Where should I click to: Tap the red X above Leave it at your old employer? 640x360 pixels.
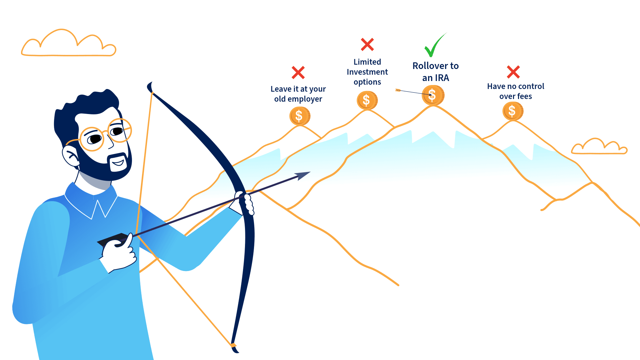[x=298, y=72]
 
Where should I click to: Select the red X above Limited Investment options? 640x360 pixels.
[x=367, y=44]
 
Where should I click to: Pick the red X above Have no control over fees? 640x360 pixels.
[x=513, y=72]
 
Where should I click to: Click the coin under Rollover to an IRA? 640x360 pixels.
[x=433, y=95]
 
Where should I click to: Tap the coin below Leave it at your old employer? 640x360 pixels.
[x=300, y=116]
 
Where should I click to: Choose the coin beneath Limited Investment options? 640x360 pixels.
[x=367, y=100]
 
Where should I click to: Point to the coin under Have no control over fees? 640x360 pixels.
[x=513, y=111]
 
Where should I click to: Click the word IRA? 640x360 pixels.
[x=442, y=78]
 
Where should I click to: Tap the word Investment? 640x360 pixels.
[x=367, y=72]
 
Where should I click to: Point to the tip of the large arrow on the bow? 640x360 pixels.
[x=310, y=172]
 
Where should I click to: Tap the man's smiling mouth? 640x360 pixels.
[x=118, y=163]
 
